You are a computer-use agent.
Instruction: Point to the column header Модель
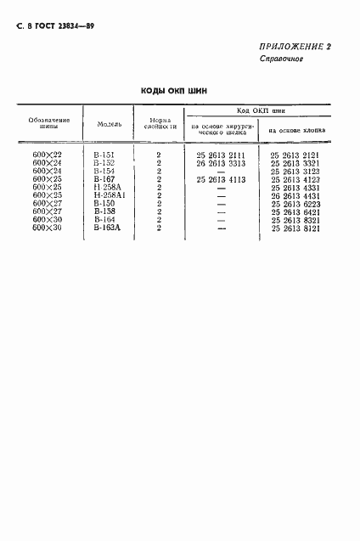[110, 124]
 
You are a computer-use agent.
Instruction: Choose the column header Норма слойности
[159, 124]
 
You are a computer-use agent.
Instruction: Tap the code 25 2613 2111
[220, 155]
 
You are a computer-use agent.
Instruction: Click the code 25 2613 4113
[220, 180]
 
